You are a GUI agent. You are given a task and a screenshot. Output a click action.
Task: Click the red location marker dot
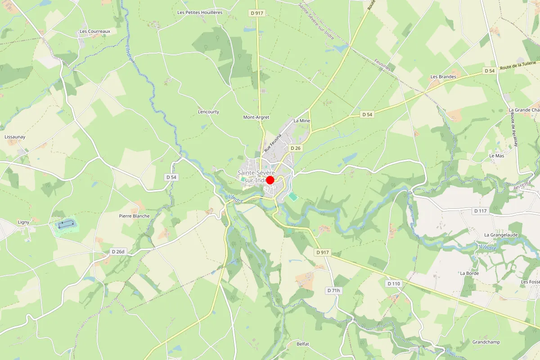click(x=270, y=180)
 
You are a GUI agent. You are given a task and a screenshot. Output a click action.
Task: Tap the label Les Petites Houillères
click(x=200, y=13)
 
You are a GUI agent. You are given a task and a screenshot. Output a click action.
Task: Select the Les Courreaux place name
click(x=95, y=31)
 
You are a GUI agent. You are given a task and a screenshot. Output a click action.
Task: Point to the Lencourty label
click(x=208, y=112)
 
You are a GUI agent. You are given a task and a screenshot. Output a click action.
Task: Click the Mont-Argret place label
click(x=256, y=117)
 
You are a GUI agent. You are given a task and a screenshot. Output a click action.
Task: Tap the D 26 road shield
click(x=295, y=148)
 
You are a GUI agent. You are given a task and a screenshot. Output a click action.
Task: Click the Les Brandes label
click(x=443, y=77)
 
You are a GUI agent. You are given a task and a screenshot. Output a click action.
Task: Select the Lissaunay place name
click(x=14, y=136)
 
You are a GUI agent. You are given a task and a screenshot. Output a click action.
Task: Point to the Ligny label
click(x=23, y=222)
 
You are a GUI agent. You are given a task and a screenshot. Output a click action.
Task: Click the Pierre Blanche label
click(x=134, y=216)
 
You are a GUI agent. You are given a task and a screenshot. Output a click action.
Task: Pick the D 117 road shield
click(x=481, y=211)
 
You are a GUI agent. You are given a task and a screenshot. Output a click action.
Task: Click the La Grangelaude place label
click(x=501, y=235)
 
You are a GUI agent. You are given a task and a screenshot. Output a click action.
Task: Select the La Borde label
click(x=469, y=273)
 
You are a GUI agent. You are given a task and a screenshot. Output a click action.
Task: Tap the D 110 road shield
click(x=393, y=283)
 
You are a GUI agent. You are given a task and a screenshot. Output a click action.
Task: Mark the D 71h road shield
click(x=333, y=291)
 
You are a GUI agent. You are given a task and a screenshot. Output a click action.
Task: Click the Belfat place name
click(x=303, y=344)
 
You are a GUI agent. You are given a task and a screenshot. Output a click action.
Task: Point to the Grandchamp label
click(x=486, y=342)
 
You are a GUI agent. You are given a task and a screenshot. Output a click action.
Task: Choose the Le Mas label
click(x=497, y=156)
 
